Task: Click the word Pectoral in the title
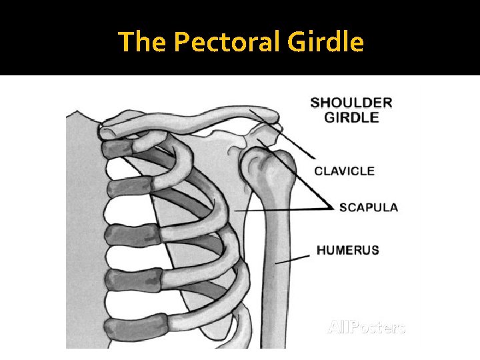pyautogui.click(x=228, y=43)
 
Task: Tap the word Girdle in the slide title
pyautogui.click(x=326, y=43)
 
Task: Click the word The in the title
pyautogui.click(x=143, y=43)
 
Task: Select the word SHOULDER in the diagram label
pyautogui.click(x=351, y=103)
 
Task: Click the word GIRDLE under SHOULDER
pyautogui.click(x=351, y=117)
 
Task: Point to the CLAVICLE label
pyautogui.click(x=345, y=171)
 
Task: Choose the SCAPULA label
pyautogui.click(x=369, y=207)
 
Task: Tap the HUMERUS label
pyautogui.click(x=347, y=251)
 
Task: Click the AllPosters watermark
pyautogui.click(x=366, y=327)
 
